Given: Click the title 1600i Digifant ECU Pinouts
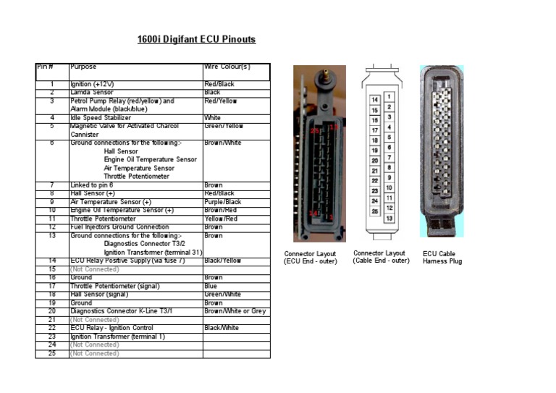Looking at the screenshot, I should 196,40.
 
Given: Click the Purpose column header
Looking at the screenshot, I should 83,67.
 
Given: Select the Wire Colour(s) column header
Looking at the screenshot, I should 227,67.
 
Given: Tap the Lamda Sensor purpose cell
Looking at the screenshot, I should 92,93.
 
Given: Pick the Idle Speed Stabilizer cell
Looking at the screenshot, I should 101,117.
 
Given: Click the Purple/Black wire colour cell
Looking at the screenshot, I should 223,202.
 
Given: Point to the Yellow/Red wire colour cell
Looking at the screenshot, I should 221,219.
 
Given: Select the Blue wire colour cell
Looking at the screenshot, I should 211,286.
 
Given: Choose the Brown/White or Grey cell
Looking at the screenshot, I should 235,311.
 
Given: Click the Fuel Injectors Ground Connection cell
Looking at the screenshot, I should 119,227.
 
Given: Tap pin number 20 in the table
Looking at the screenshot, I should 52,311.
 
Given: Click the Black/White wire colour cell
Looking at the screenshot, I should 222,328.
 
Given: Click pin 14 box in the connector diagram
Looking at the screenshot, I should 375,100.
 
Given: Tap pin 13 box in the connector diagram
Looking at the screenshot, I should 389,218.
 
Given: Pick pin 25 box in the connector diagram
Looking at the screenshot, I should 375,211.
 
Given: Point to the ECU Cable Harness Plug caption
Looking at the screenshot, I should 442,258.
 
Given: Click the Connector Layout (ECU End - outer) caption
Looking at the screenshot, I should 310,258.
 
